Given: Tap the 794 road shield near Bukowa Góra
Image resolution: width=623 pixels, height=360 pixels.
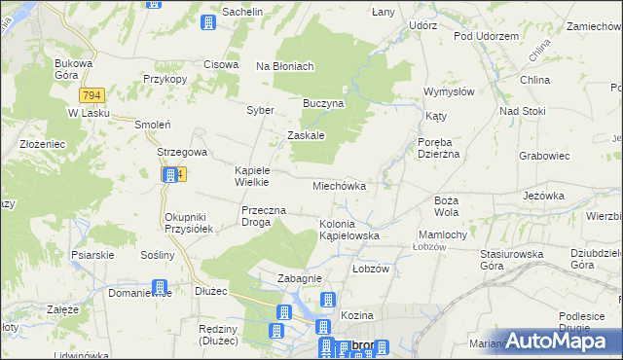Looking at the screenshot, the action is click(x=92, y=95).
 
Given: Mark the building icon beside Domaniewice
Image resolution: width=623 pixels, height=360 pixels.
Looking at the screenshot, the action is click(x=161, y=289).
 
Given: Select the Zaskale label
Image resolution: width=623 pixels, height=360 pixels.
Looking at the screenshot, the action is click(x=305, y=136).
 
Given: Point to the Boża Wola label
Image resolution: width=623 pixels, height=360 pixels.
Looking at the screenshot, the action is click(x=446, y=205).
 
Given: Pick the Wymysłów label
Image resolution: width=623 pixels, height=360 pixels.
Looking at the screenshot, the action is click(x=448, y=91).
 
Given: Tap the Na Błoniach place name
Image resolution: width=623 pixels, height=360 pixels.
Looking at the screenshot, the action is click(x=284, y=66).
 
